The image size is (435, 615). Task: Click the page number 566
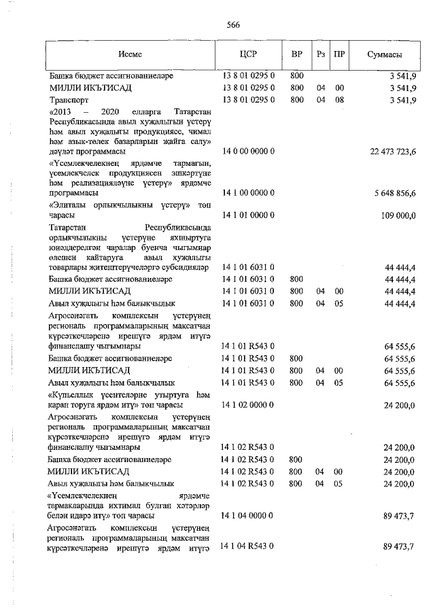click(233, 25)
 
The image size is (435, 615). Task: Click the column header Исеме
click(128, 54)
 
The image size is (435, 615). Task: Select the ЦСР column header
click(248, 54)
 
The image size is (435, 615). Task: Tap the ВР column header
click(296, 54)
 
